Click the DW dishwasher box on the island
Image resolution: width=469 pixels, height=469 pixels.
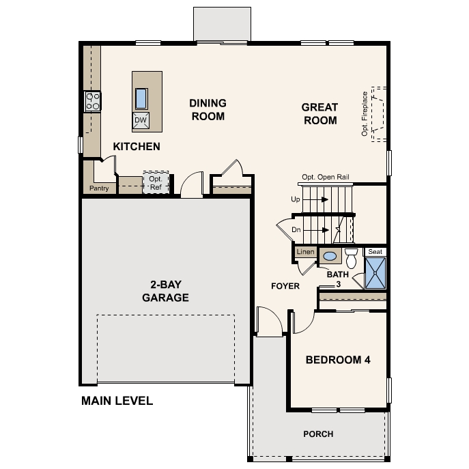[141, 121]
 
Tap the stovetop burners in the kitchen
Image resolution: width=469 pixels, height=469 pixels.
[92, 102]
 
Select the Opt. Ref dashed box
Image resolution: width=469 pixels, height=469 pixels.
[156, 182]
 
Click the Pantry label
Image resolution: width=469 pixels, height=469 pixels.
[99, 188]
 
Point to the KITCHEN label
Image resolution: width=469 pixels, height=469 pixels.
[137, 147]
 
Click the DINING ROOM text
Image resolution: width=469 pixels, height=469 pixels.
[208, 109]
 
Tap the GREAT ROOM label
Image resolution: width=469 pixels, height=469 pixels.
[319, 114]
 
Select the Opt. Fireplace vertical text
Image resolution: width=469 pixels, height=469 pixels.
[365, 113]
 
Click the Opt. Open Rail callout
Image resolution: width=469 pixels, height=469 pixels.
[326, 177]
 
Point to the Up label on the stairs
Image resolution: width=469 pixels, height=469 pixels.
[296, 199]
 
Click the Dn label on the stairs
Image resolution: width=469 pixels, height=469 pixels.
[296, 230]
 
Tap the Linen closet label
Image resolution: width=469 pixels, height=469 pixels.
[305, 253]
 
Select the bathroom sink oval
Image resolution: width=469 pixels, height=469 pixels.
[330, 257]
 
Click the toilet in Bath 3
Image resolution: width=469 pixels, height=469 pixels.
[351, 258]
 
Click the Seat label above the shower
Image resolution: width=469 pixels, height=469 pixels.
[375, 251]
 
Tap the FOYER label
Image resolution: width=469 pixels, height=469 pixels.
[285, 286]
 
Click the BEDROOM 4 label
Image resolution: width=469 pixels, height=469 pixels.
[338, 360]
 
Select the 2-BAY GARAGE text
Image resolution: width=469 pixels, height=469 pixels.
[165, 292]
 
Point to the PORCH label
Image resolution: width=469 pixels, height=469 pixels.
[318, 434]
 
